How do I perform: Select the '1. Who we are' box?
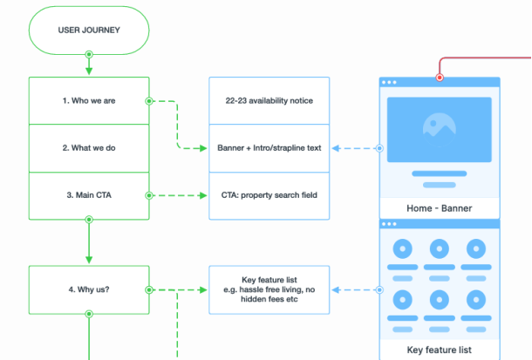pyautogui.click(x=88, y=100)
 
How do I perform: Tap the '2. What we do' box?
pyautogui.click(x=88, y=147)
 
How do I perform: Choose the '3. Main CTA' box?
pyautogui.click(x=88, y=195)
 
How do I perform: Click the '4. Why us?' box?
pyautogui.click(x=88, y=289)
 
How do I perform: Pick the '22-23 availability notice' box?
pyautogui.click(x=269, y=100)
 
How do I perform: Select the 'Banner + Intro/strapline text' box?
pyautogui.click(x=269, y=147)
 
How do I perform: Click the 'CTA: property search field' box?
pyautogui.click(x=269, y=195)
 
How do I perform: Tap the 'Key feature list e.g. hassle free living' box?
pyautogui.click(x=269, y=289)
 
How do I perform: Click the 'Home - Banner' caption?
pyautogui.click(x=440, y=209)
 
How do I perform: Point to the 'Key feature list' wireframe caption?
pyautogui.click(x=440, y=350)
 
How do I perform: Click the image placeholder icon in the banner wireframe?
pyautogui.click(x=440, y=124)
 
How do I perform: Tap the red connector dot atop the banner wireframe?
pyautogui.click(x=440, y=78)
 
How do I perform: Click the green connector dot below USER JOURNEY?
pyautogui.click(x=88, y=54)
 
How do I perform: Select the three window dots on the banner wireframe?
pyautogui.click(x=389, y=83)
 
